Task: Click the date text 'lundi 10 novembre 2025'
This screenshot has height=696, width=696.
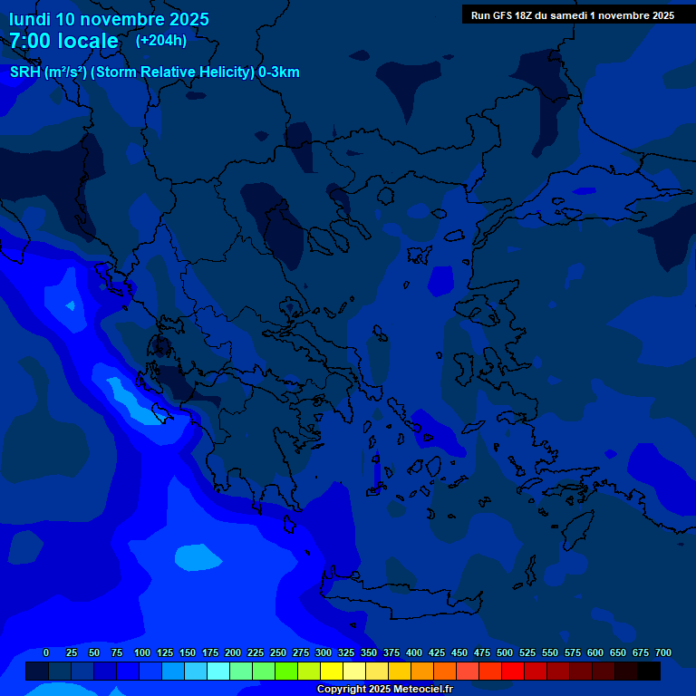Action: [x=109, y=19]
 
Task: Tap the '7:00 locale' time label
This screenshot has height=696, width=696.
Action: [x=63, y=41]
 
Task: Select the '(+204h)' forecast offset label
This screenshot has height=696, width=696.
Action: [x=161, y=40]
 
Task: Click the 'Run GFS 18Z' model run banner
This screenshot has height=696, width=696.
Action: [x=572, y=15]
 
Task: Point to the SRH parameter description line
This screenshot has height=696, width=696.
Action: [x=154, y=72]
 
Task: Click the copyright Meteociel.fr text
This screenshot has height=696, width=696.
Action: [x=384, y=690]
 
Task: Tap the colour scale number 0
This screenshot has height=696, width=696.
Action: [x=46, y=652]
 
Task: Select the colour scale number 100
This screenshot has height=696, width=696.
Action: [x=142, y=652]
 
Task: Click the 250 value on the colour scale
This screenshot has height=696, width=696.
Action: [x=278, y=652]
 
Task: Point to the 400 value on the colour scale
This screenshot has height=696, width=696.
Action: [x=414, y=652]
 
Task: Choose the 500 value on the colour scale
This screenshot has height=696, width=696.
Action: [x=505, y=652]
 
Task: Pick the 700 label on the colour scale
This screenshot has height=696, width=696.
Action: [x=663, y=652]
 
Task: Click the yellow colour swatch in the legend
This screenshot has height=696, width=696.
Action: [x=332, y=672]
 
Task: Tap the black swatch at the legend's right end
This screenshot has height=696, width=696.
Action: [x=649, y=672]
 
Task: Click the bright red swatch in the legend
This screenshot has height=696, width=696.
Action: [x=513, y=672]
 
